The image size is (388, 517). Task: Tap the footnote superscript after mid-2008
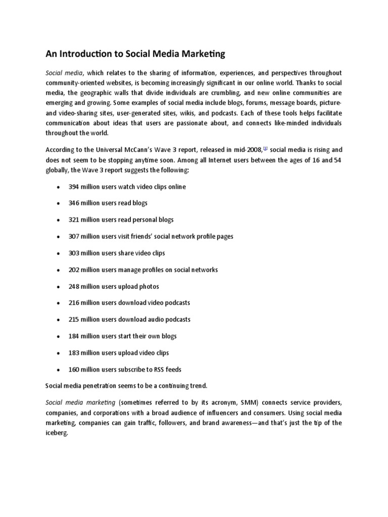point(265,148)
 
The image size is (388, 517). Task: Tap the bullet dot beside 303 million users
point(58,253)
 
